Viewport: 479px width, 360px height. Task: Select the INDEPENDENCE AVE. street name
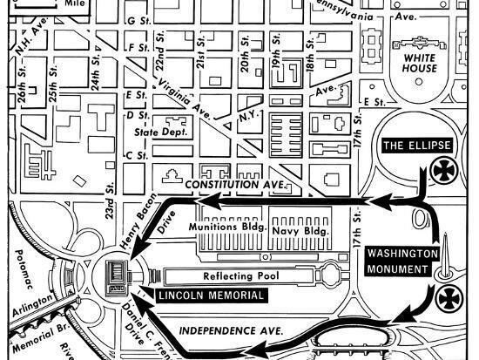click(x=232, y=332)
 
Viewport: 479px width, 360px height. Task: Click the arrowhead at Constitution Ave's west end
click(x=197, y=203)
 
